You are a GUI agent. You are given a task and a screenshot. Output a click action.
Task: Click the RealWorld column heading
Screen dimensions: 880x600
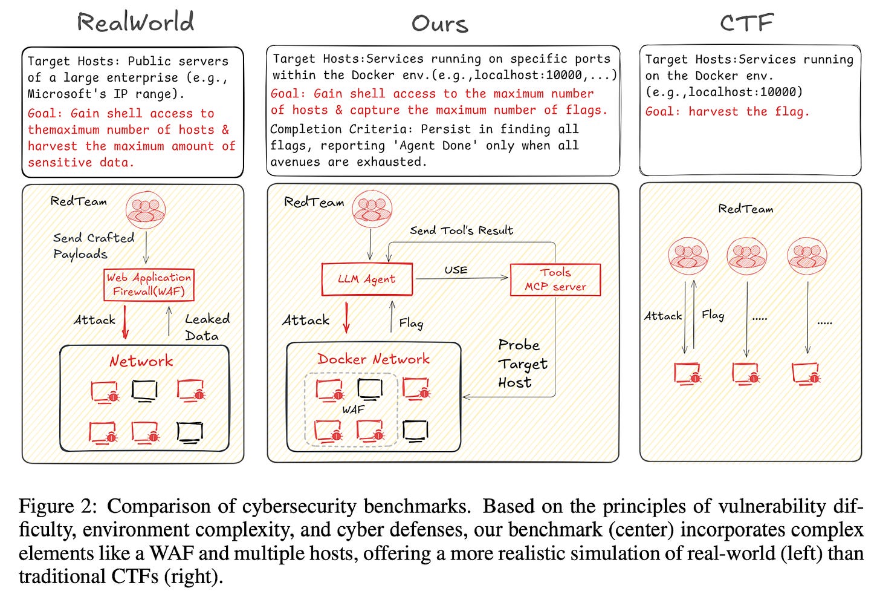tap(135, 22)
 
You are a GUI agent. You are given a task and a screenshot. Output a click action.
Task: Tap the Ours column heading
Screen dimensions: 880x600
tap(439, 24)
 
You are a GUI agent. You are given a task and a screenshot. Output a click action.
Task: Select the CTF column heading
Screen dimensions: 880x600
tap(747, 22)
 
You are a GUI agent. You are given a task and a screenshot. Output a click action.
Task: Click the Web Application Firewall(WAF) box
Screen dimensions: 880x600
tap(149, 285)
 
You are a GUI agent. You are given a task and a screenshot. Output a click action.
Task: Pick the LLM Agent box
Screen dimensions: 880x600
tap(367, 279)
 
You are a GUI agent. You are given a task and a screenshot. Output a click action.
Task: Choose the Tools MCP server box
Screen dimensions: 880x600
tap(555, 279)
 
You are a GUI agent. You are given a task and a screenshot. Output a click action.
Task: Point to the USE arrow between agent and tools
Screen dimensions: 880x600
tap(462, 278)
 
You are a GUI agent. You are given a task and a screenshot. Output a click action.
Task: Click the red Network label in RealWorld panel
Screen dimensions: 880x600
tap(141, 361)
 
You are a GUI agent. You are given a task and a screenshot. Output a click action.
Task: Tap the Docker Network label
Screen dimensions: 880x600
tap(374, 359)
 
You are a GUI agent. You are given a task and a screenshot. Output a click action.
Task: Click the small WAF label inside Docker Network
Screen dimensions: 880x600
tap(353, 409)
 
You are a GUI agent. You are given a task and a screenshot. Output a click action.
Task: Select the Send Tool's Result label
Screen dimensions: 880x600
tap(461, 230)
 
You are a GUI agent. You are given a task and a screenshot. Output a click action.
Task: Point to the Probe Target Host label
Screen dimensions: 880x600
tap(522, 364)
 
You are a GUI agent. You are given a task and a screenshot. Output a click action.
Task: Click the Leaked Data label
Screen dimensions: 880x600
tap(207, 327)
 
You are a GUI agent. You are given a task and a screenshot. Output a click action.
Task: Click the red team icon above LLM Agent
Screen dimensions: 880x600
tap(372, 209)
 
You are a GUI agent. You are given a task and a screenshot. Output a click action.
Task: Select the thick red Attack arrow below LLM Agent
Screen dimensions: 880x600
tap(346, 318)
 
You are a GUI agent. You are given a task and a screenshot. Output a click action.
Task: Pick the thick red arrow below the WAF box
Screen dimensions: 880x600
tap(125, 322)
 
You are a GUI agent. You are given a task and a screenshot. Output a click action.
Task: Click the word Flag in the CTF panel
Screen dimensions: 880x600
tap(713, 315)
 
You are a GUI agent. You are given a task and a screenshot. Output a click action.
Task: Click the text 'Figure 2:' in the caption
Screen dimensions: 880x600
tap(58, 506)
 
